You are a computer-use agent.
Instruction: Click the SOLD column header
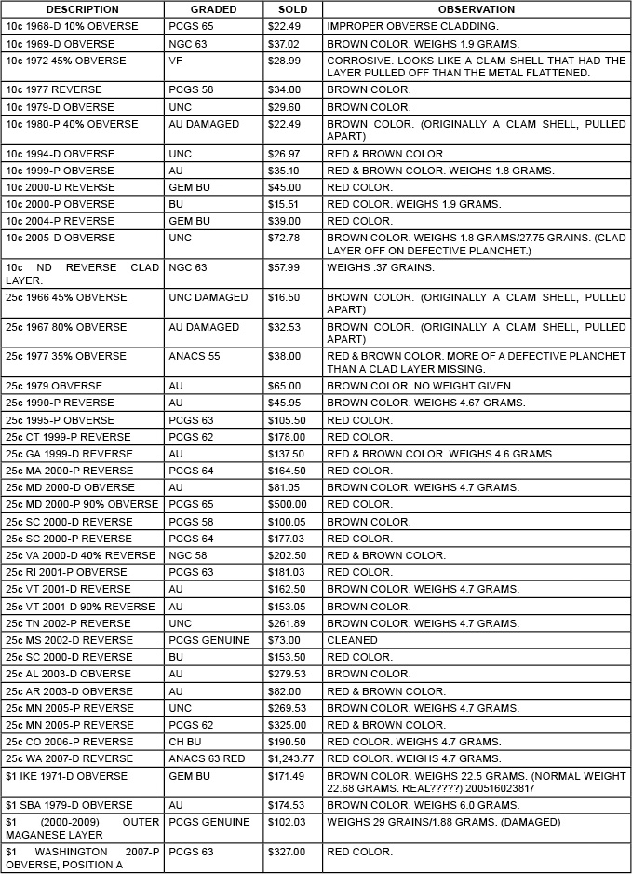[x=292, y=9]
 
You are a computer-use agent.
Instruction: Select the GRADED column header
[x=213, y=9]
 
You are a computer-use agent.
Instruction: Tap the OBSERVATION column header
[x=476, y=9]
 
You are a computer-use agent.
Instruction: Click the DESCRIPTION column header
[x=82, y=9]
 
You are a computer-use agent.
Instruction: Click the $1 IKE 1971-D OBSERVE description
[x=66, y=776]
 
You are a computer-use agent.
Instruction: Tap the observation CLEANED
[x=352, y=640]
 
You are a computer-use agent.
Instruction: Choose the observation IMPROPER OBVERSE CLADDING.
[x=412, y=26]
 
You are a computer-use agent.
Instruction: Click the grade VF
[x=176, y=61]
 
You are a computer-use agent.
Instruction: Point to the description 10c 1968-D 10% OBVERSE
[x=72, y=26]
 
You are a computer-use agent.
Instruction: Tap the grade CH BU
[x=185, y=742]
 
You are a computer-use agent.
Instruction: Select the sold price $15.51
[x=281, y=204]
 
